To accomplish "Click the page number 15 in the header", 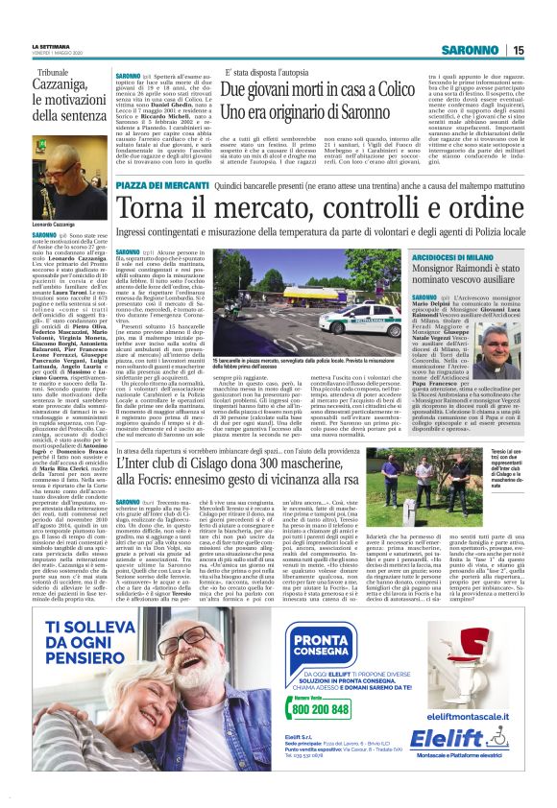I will tap(545, 50).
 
